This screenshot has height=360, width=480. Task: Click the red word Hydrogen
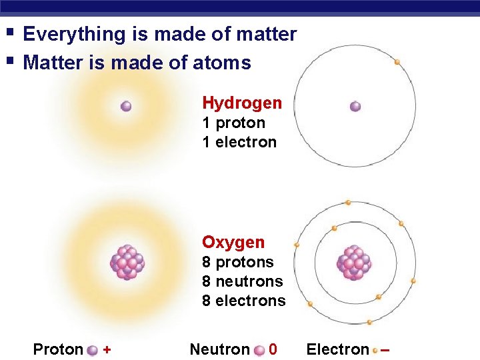coord(242,103)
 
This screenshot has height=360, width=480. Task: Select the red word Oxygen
coord(233,242)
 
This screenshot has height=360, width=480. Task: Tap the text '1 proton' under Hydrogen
coord(233,123)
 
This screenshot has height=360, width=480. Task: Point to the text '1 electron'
coord(239,142)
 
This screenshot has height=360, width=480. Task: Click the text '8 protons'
coord(238,262)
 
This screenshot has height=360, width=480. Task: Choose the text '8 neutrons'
coord(243,281)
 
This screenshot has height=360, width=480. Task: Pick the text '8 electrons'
coord(243,301)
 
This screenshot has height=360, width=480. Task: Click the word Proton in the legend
coord(58,349)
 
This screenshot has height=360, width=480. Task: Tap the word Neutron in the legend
coord(219,349)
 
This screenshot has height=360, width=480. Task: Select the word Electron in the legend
coord(337,349)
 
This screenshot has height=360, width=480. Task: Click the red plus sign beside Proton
coord(107,349)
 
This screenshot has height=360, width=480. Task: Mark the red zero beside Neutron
coord(273,349)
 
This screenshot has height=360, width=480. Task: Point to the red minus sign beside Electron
coord(385,350)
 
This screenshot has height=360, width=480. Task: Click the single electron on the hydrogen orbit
coord(397,62)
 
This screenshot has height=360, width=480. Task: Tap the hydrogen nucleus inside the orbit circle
coord(355,106)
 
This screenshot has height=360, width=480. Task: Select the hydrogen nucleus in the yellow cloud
coord(126,106)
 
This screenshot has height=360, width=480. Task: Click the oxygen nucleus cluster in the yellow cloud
coord(127,262)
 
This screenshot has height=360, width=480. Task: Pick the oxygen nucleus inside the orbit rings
coord(355,261)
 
